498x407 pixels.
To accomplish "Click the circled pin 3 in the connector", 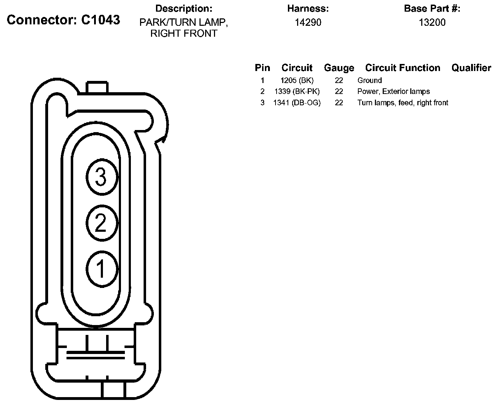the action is coord(102,177).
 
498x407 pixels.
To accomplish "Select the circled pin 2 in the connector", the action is coord(102,223).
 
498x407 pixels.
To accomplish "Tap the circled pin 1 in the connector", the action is coord(102,269).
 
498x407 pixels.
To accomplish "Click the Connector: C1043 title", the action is coord(63,20).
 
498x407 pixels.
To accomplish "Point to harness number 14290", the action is coord(308,22).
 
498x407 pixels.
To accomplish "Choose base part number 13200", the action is coord(432,22).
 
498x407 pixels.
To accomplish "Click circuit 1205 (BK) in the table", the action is coord(297,81).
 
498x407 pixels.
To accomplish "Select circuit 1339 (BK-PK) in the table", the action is coord(297,92).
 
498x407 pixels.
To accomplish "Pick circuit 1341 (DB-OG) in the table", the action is coord(297,103).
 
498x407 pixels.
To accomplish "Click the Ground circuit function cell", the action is coord(370,81).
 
